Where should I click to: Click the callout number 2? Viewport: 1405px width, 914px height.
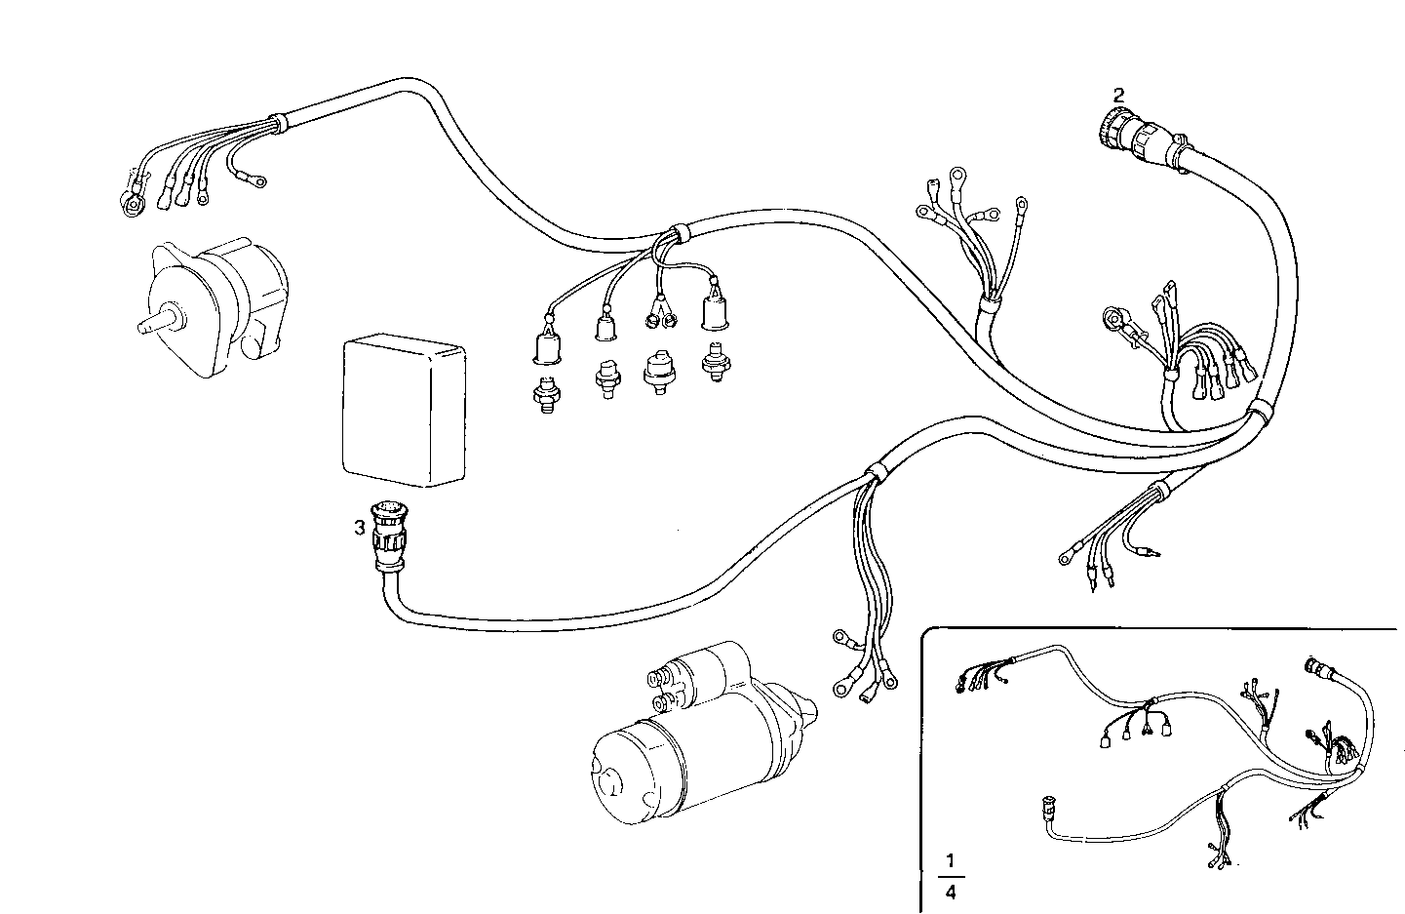(1118, 95)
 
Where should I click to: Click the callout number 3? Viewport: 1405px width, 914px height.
(360, 528)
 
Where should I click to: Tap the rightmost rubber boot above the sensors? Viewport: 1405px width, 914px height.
(716, 312)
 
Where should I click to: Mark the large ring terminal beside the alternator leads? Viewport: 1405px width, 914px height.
(130, 200)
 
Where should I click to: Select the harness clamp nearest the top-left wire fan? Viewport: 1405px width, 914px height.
(277, 122)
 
